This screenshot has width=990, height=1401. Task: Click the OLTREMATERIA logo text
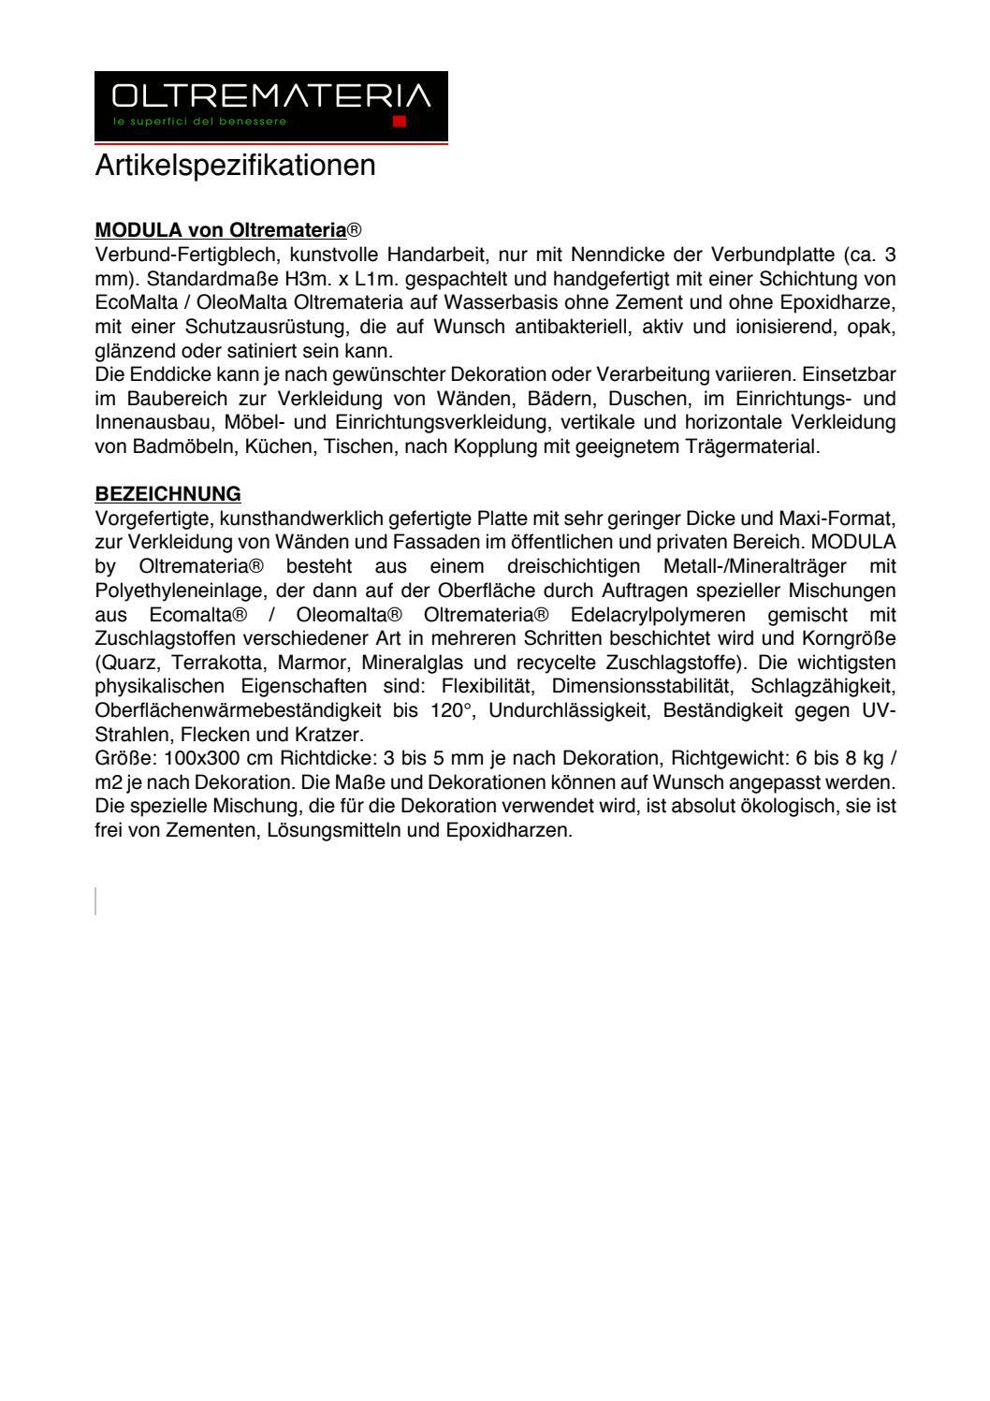point(270,96)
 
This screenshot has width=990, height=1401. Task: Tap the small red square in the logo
point(400,122)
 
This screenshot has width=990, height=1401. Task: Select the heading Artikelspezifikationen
point(235,166)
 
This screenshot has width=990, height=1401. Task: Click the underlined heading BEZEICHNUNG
point(167,493)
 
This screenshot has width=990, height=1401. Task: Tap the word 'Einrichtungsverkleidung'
point(450,423)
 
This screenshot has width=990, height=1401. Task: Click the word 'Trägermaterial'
point(756,446)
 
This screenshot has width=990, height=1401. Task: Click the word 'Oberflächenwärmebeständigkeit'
point(238,711)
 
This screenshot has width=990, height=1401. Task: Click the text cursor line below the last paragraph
point(96,900)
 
